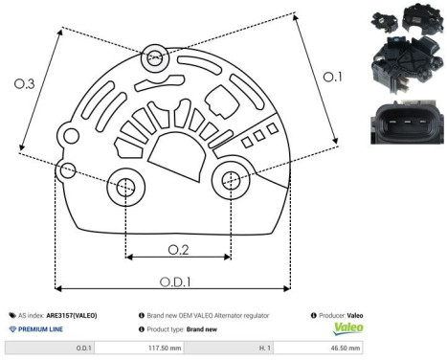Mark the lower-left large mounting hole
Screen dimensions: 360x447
pyautogui.click(x=124, y=190)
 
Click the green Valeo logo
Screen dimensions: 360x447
pyautogui.click(x=346, y=327)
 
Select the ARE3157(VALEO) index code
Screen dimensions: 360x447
pyautogui.click(x=72, y=314)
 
